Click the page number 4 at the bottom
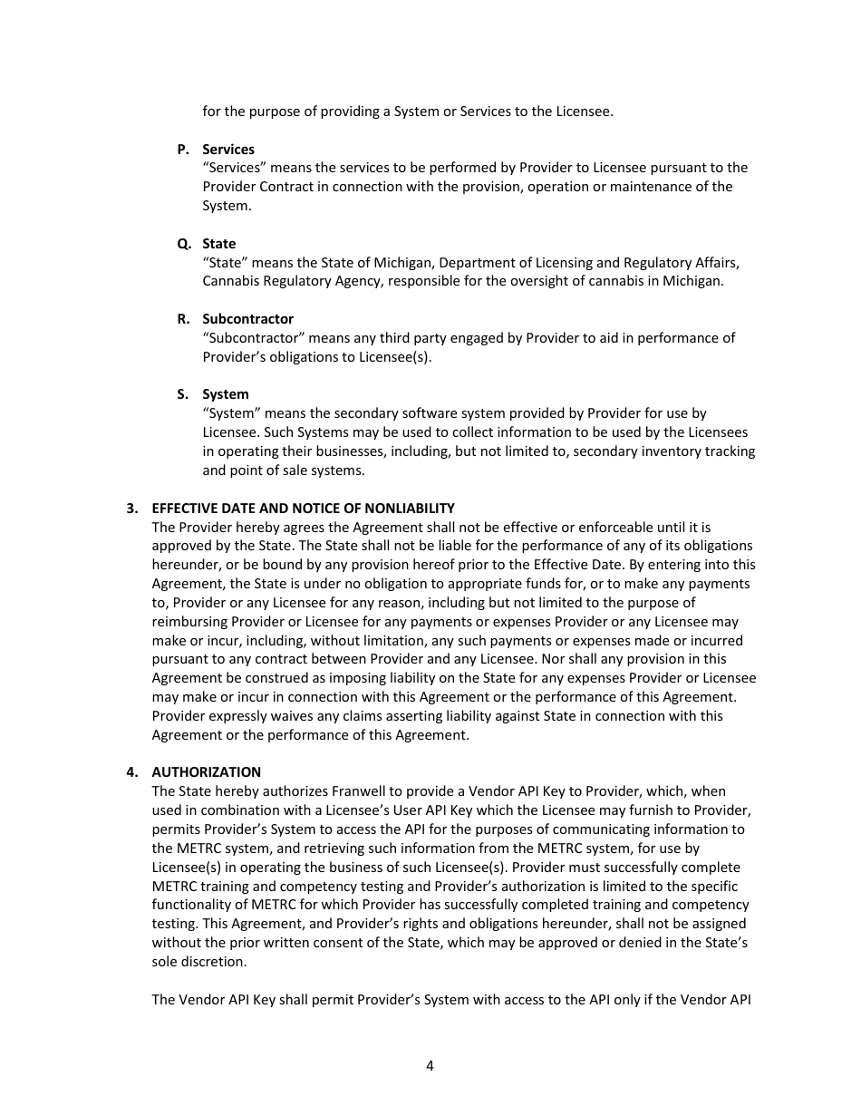[430, 1066]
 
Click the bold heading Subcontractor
[247, 319]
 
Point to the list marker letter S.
[182, 394]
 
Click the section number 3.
[131, 508]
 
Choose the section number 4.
[131, 772]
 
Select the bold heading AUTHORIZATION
[206, 772]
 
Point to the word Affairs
[714, 263]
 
